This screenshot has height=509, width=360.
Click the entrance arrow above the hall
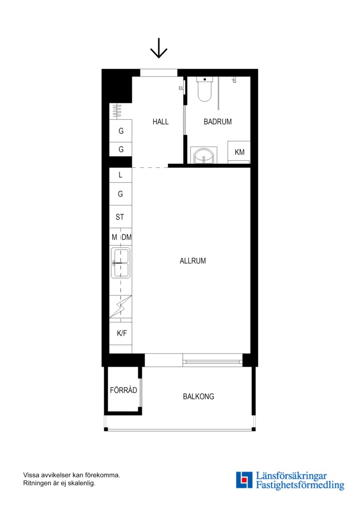(x=159, y=48)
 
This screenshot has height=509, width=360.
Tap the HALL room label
(x=161, y=122)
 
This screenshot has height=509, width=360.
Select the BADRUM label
(x=218, y=122)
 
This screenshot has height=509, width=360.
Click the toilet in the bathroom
(x=205, y=89)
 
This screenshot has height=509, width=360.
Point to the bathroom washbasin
(x=204, y=156)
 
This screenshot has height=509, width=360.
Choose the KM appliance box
(x=239, y=152)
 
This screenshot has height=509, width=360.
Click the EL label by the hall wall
(x=181, y=88)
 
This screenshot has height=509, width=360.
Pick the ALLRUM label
(x=193, y=261)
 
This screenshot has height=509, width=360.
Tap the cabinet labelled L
(x=121, y=175)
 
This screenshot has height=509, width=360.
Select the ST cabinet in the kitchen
(x=121, y=216)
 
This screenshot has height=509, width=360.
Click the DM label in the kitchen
(x=127, y=237)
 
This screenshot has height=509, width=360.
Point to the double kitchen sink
(x=121, y=263)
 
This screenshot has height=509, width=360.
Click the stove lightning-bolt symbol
(x=121, y=307)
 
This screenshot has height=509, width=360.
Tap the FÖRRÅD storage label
(x=123, y=390)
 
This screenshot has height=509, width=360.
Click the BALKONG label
(x=198, y=396)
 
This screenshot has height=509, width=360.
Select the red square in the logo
(x=244, y=479)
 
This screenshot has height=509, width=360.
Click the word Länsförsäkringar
(x=291, y=476)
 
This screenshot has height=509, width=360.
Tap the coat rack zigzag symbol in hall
(x=117, y=111)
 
